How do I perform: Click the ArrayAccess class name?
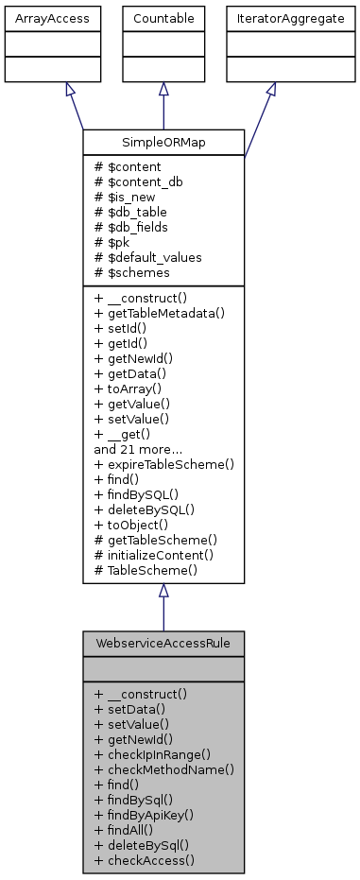pyautogui.click(x=40, y=18)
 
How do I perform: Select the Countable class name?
pyautogui.click(x=163, y=18)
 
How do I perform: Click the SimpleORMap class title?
pyautogui.click(x=163, y=142)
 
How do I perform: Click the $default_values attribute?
pyautogui.click(x=142, y=257)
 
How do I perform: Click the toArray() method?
pyautogui.click(x=129, y=388)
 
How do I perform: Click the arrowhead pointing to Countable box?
pyautogui.click(x=163, y=88)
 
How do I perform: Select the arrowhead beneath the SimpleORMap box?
pyautogui.click(x=163, y=591)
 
